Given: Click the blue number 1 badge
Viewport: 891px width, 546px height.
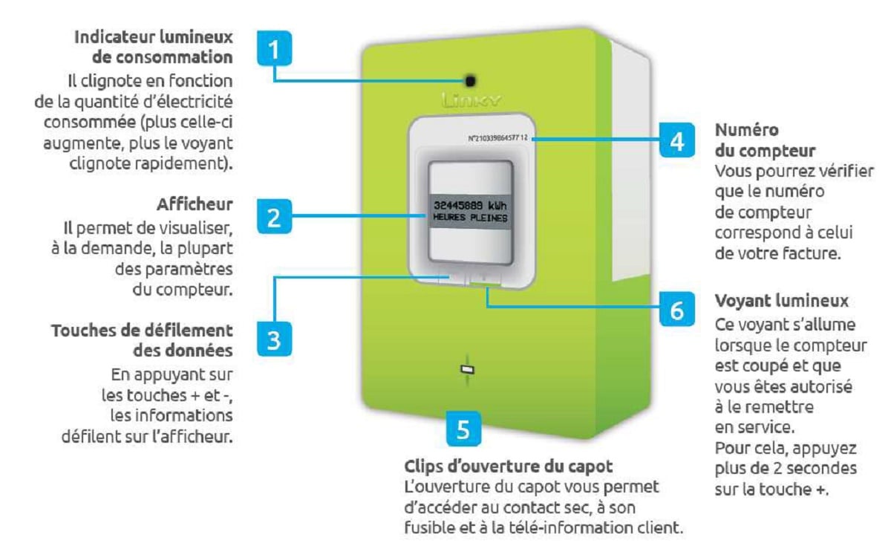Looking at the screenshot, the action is pos(274,48).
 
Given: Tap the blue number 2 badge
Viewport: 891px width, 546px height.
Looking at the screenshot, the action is pos(274,216).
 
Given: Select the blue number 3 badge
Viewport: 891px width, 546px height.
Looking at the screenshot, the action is pos(274,339).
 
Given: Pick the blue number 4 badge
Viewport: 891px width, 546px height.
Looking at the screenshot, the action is pos(677,140).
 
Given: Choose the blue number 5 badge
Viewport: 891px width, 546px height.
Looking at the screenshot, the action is pos(463,429).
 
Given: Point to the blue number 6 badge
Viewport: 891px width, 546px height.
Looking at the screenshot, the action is pos(677,309).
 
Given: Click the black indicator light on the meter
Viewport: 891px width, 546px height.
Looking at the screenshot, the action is pos(470,81).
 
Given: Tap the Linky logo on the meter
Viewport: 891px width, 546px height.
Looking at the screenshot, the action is pos(471,100).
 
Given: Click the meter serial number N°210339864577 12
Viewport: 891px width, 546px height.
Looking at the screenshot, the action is pos(498,138).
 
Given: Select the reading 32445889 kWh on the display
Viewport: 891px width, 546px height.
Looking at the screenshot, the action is pos(470,205).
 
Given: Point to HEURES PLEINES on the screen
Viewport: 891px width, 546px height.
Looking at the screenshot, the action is pos(470,218).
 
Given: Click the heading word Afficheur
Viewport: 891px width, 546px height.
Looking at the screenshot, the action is pos(195,204).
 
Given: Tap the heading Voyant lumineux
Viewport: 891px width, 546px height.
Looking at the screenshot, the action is pos(782,301).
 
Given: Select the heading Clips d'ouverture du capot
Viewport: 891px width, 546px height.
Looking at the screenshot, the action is pos(509,467).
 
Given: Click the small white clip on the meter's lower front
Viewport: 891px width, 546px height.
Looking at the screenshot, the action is pos(467,369).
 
